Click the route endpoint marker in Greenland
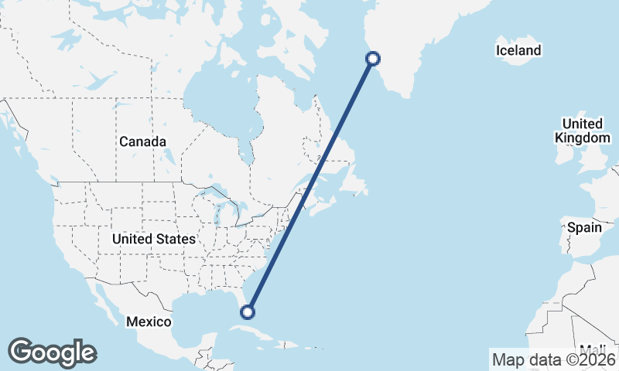(373, 58)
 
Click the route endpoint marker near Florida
(248, 311)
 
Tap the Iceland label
(518, 51)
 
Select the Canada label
(142, 142)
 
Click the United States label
(154, 240)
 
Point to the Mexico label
(149, 321)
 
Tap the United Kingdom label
(583, 131)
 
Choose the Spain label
(584, 228)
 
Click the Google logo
(52, 352)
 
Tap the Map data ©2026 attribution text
(553, 359)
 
